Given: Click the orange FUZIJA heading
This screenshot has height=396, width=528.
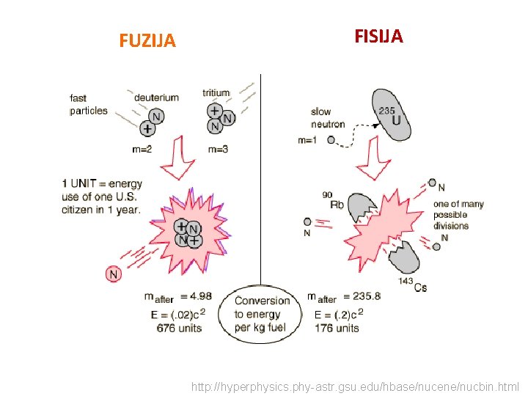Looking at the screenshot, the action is [147, 41].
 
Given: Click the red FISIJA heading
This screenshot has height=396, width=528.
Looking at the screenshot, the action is [378, 37].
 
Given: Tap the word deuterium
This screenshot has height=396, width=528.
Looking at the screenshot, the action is [156, 98].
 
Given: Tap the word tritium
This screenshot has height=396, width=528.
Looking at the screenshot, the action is [216, 93].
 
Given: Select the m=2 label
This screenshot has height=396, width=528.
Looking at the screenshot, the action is [143, 149].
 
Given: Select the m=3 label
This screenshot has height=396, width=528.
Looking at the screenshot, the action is [218, 149].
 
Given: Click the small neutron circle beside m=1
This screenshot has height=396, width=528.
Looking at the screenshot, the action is [331, 140].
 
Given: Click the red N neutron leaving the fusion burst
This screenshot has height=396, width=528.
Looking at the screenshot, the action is [113, 274].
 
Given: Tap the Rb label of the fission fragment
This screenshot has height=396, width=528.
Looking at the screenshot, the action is [337, 205].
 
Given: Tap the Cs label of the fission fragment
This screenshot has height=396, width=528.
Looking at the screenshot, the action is [420, 287].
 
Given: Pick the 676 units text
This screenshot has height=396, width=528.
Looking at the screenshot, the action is [179, 329].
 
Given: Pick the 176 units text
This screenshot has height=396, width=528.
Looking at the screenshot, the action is [337, 328].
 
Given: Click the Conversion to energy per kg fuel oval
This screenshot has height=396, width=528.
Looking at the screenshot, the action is [262, 314].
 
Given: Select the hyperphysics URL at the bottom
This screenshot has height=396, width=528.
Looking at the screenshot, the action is [355, 386].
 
